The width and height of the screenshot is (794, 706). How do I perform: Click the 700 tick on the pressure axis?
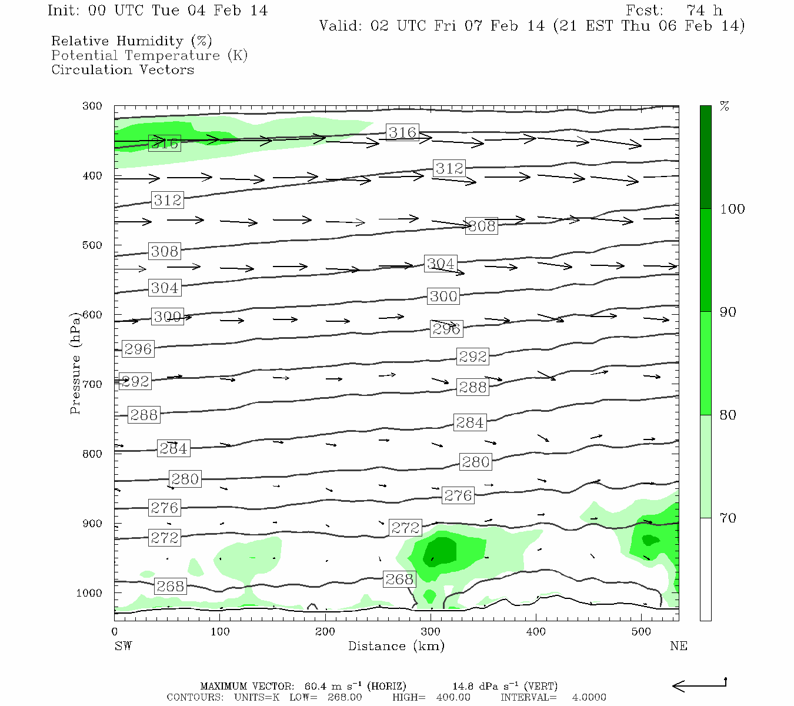click(x=92, y=384)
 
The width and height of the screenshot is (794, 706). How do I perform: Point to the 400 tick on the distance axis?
click(x=536, y=632)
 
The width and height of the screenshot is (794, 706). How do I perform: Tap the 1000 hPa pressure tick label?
click(x=89, y=593)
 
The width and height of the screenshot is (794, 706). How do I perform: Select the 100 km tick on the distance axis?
click(x=220, y=632)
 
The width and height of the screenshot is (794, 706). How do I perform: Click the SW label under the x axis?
click(x=123, y=646)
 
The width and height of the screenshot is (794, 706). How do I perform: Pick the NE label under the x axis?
click(x=678, y=646)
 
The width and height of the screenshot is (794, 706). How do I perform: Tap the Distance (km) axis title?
click(x=396, y=646)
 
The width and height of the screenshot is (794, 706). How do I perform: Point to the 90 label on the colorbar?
click(x=728, y=312)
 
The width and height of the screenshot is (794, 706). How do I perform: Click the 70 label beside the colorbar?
click(x=728, y=518)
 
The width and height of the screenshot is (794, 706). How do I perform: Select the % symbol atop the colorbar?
click(x=725, y=106)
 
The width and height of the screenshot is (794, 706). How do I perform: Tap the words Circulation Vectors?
click(x=122, y=69)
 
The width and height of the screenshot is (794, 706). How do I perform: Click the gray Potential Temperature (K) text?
click(x=149, y=55)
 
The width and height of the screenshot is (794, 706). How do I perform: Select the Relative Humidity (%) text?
click(x=132, y=41)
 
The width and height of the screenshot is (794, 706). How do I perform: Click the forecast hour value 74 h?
click(x=705, y=11)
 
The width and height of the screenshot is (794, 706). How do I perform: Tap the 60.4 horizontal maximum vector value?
click(x=316, y=686)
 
